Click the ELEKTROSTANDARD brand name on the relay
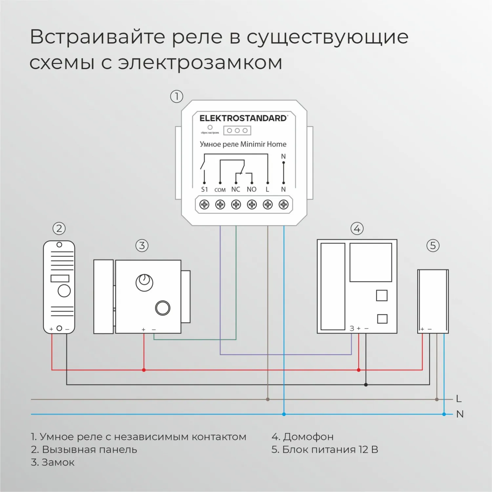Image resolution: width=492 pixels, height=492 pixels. point(243,118)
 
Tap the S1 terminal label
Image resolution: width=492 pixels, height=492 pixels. point(204,189)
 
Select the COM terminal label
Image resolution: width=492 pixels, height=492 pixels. point(220,190)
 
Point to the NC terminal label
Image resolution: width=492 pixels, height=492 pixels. point(236,189)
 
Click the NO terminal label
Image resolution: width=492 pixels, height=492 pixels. point(252,189)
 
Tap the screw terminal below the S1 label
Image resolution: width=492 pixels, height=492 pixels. point(204,205)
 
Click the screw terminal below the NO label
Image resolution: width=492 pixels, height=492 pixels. point(252,205)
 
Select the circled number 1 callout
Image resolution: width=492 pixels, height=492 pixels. point(176,96)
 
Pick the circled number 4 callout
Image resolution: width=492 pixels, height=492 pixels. point(357,228)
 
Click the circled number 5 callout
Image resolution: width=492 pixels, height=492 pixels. point(433,245)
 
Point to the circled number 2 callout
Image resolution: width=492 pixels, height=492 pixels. point(59,228)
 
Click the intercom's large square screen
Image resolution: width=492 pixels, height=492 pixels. point(371,262)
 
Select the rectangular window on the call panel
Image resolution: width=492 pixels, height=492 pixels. point(60,278)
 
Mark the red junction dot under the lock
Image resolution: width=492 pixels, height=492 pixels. point(144,370)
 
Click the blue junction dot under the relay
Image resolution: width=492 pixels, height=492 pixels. point(284,414)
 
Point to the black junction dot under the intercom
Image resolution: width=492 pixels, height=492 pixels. point(366,385)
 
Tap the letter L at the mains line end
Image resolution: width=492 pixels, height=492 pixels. point(459,399)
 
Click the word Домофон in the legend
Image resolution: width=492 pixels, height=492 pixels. point(308,437)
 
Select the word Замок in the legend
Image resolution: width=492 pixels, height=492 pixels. point(58,462)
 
